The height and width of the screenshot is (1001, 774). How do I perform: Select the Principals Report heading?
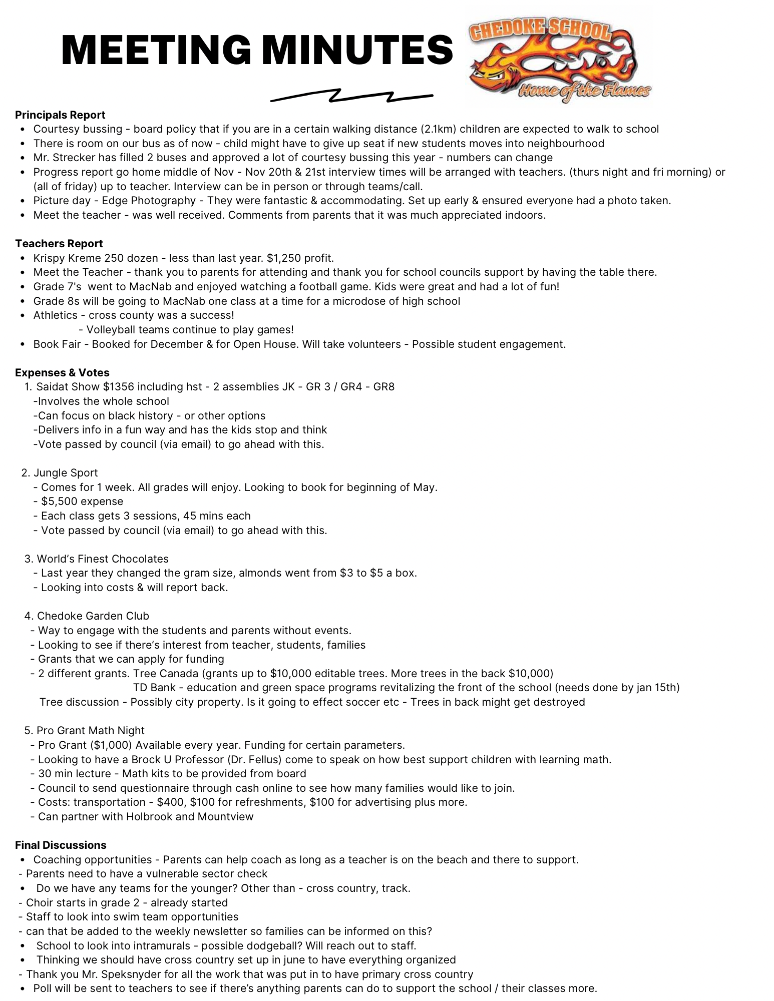(x=60, y=115)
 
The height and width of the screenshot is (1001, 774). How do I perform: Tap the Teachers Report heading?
(x=59, y=244)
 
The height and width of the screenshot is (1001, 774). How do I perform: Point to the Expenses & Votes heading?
(x=62, y=372)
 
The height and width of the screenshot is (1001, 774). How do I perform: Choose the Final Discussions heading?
(x=61, y=845)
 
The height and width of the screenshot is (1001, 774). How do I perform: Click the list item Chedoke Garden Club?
(x=93, y=616)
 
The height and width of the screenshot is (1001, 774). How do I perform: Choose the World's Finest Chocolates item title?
(x=102, y=559)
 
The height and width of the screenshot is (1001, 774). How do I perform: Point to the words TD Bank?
(x=154, y=688)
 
